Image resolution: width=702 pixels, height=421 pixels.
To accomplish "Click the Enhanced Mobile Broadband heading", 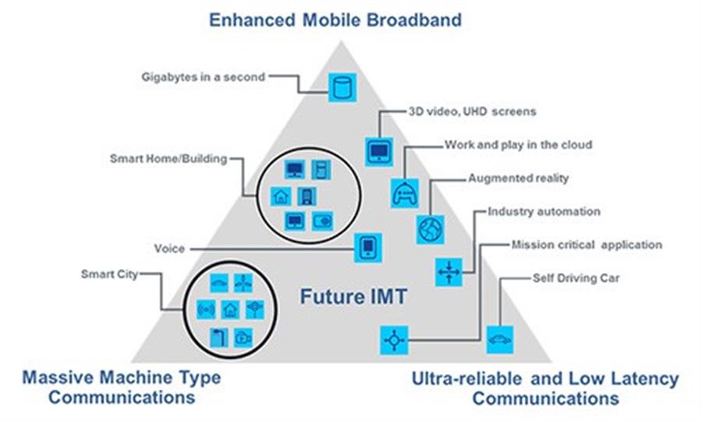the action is click(335, 20).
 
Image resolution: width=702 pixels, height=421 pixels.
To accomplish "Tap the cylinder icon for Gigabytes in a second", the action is click(342, 87).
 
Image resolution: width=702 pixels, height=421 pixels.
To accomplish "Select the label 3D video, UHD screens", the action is click(472, 111).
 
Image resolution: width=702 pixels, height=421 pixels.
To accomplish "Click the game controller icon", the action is click(405, 193).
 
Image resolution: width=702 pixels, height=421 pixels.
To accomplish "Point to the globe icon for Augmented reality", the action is click(431, 229).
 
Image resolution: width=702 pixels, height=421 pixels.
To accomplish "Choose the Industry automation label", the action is click(544, 211).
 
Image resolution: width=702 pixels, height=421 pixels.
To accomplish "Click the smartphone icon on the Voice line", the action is click(368, 247).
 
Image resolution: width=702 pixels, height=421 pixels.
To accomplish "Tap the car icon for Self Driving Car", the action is click(500, 340).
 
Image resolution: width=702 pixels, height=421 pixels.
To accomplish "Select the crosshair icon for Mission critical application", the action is click(394, 340).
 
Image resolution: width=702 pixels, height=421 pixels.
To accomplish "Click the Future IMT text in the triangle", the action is click(353, 296).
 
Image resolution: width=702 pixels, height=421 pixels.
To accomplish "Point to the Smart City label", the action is click(109, 274).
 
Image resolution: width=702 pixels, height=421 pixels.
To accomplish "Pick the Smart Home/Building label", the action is click(168, 159).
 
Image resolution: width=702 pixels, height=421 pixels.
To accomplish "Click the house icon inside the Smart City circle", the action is click(231, 310).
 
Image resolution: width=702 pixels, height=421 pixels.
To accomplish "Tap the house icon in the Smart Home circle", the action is click(281, 196).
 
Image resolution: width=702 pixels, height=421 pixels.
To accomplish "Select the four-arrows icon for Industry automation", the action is click(448, 272).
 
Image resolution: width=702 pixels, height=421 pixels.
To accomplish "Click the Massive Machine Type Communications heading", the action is click(122, 387).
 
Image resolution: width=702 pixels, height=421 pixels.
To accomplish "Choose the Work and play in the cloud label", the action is click(518, 145).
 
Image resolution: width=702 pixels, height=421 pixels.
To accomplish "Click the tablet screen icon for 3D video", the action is click(379, 152).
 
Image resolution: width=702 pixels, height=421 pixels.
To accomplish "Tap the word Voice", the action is click(169, 249).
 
